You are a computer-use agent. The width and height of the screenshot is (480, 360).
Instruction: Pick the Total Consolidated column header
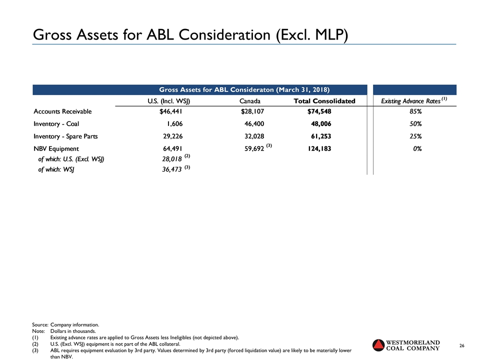click(324, 101)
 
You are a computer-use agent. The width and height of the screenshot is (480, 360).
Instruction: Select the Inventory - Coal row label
click(56, 124)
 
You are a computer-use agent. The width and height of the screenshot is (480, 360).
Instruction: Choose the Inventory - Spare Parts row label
click(65, 136)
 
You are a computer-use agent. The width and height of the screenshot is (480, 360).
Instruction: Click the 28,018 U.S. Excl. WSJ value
click(169, 159)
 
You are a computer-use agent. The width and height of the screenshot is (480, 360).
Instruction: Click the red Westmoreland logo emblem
click(380, 345)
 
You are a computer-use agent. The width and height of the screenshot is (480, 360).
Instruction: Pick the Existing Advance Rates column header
click(410, 101)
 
